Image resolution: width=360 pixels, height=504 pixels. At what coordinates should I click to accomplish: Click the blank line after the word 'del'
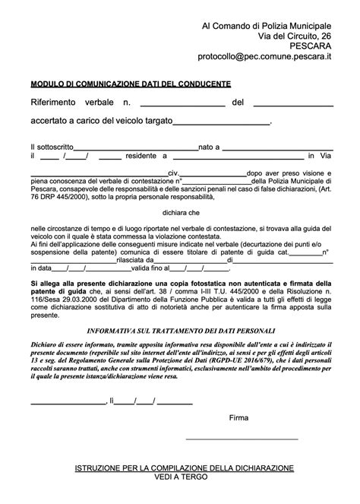[x=292, y=103]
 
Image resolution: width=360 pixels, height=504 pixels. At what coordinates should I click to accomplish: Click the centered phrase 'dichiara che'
[x=179, y=214]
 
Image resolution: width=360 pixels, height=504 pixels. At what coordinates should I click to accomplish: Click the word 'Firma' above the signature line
[x=238, y=417]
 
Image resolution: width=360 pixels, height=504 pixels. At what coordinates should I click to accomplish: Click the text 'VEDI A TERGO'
[x=180, y=477]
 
